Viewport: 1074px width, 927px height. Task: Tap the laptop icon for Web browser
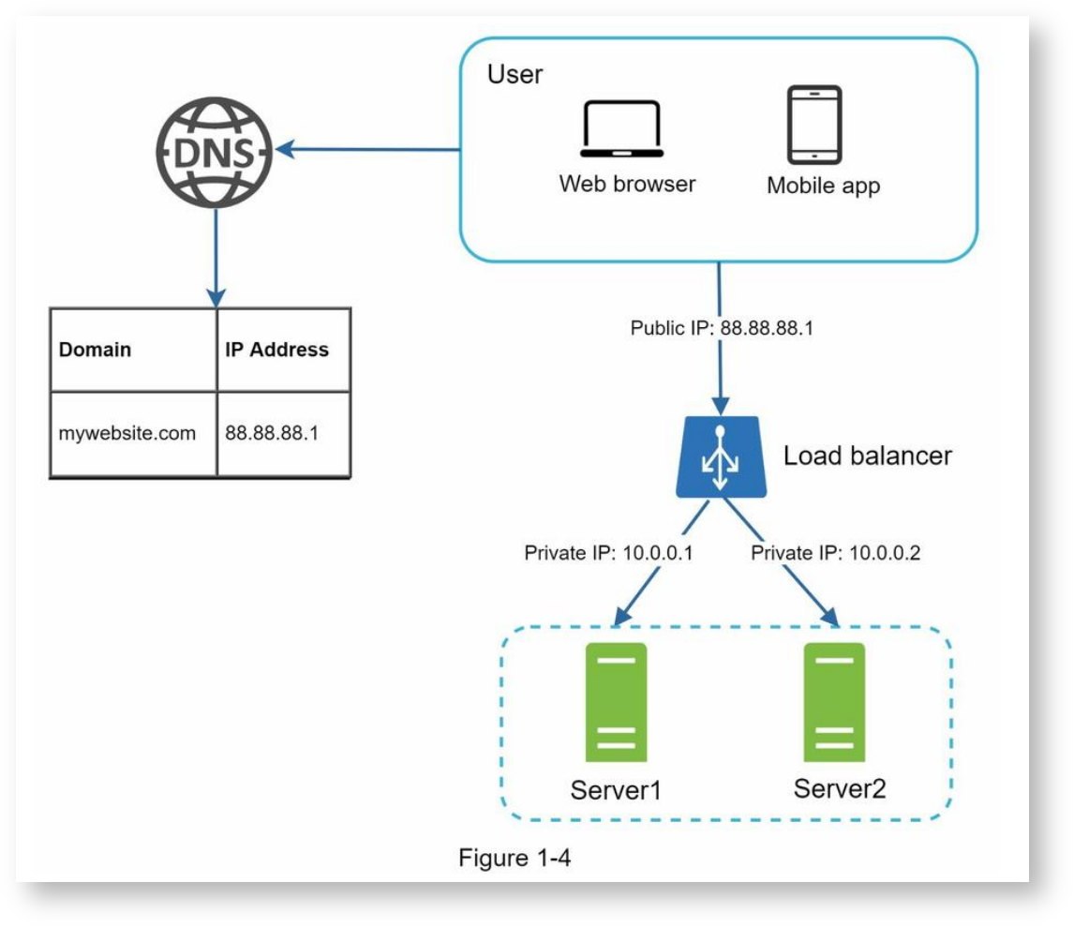pos(621,130)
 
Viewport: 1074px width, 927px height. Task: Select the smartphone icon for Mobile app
pos(813,125)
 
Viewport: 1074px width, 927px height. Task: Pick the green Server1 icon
pos(616,703)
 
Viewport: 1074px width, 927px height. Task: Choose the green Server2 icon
pos(833,703)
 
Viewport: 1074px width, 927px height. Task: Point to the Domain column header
pos(96,351)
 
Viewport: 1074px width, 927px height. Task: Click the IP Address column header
pos(276,351)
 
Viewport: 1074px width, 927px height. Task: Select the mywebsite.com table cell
pos(127,433)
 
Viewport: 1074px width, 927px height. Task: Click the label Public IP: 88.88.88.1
pos(719,331)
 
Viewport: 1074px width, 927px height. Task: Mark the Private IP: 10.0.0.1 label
pos(608,553)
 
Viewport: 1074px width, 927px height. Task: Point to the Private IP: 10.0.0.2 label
pos(836,553)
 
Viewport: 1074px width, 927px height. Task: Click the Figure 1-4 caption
pos(514,857)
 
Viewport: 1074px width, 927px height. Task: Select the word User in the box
pos(515,75)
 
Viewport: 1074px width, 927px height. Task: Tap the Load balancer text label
pos(868,456)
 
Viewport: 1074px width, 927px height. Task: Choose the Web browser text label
pos(627,184)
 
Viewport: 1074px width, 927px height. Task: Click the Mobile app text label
pos(824,186)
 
